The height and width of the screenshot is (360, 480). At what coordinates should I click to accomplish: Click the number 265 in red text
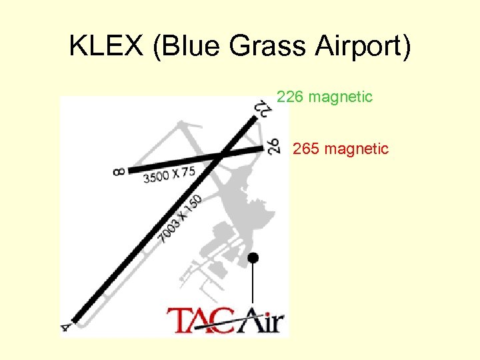306,149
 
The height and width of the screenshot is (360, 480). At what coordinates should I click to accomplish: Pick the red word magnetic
356,149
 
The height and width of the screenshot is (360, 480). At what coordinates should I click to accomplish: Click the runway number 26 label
273,145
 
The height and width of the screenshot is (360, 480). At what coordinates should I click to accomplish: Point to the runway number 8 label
119,172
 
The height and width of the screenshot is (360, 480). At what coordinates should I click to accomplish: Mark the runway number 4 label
65,327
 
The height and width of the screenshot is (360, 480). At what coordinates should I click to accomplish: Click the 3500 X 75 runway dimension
169,175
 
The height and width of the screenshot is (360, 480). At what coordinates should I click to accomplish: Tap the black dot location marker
253,257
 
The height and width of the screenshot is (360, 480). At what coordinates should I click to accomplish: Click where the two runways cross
223,155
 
